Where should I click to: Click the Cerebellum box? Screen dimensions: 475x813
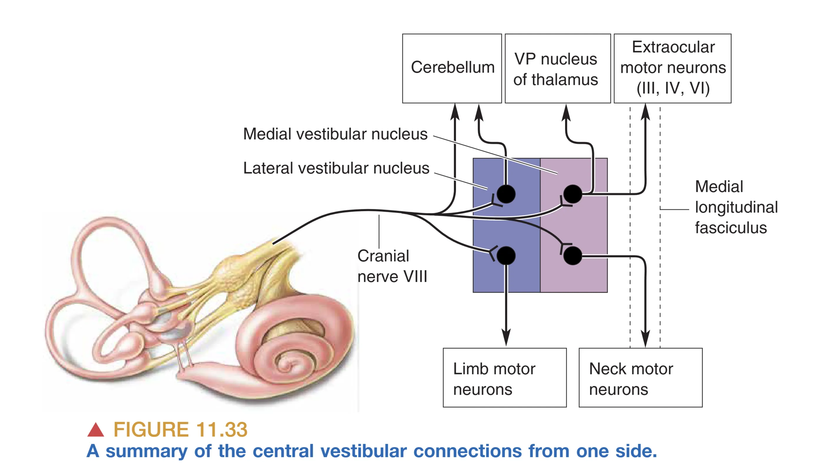[452, 68]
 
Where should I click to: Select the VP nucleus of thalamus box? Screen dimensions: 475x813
[557, 68]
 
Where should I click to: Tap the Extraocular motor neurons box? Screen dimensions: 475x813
[672, 68]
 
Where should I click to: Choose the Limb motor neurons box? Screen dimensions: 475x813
[504, 378]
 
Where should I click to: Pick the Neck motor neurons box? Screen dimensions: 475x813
[640, 378]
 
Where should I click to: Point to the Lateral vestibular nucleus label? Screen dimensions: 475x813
[336, 168]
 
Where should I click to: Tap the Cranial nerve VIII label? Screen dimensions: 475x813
[392, 266]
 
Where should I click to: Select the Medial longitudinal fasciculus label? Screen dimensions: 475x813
[736, 207]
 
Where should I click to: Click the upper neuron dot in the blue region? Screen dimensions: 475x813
[506, 194]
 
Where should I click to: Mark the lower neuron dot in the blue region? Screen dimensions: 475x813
[506, 256]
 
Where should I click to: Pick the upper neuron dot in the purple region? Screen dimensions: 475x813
[573, 194]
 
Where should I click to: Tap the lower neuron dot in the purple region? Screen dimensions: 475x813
[573, 256]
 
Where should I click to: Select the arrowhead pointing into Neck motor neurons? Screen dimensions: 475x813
[645, 339]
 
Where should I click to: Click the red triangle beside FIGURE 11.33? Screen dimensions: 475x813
[96, 430]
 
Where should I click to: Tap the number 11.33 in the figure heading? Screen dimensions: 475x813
[222, 429]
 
